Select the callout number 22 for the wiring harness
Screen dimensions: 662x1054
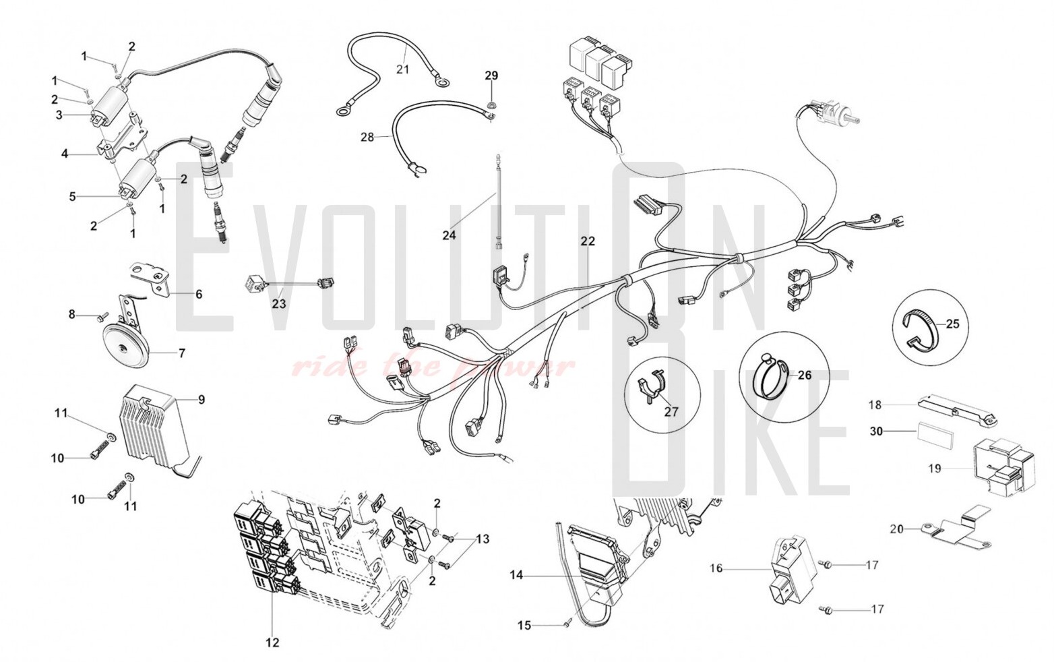(x=588, y=241)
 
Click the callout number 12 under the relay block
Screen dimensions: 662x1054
(x=272, y=642)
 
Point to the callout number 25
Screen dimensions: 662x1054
(x=952, y=324)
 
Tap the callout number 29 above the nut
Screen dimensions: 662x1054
(x=491, y=75)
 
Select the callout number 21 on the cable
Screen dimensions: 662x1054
(x=402, y=69)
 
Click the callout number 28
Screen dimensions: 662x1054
(x=367, y=137)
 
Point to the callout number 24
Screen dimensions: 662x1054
(x=449, y=235)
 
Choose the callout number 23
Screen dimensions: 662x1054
(x=279, y=304)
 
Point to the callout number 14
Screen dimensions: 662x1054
(x=516, y=576)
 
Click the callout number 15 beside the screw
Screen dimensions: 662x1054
(x=524, y=626)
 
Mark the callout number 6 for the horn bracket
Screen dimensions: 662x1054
(x=199, y=294)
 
